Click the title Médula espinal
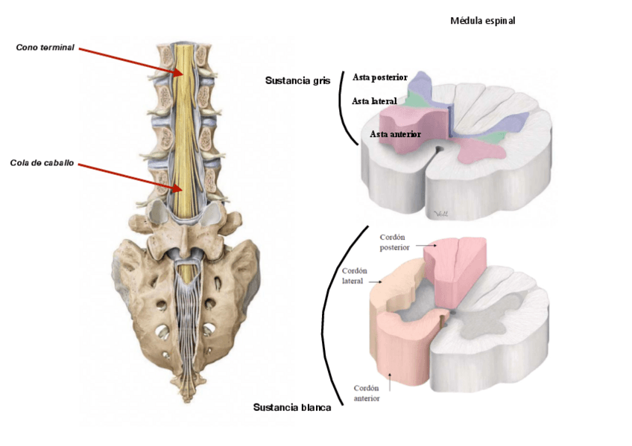click(482, 21)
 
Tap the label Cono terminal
click(45, 48)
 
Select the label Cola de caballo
click(42, 163)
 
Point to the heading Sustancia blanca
click(292, 407)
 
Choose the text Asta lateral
click(374, 101)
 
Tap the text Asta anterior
click(395, 134)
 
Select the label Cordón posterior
click(394, 242)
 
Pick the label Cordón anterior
click(367, 392)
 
